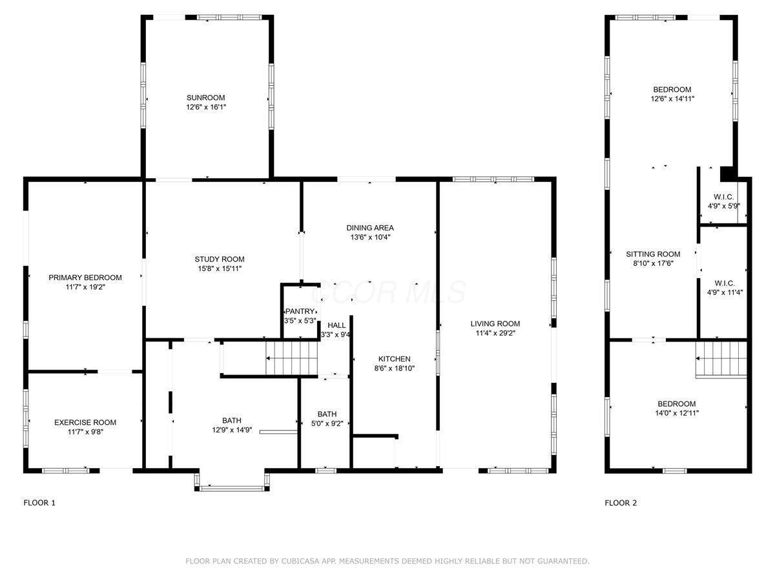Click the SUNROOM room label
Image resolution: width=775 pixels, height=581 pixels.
(205, 97)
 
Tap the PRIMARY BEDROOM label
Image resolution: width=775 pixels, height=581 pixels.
(85, 278)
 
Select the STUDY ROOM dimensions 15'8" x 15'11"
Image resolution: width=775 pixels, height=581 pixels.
(220, 269)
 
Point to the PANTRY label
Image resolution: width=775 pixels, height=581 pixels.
(300, 311)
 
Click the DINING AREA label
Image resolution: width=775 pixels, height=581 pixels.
(370, 228)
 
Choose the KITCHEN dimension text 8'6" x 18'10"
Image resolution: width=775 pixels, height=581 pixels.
(395, 368)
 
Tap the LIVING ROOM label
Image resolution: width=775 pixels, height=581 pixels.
(495, 323)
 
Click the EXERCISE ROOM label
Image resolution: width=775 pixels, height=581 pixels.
(85, 422)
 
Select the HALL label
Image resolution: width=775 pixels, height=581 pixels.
(336, 325)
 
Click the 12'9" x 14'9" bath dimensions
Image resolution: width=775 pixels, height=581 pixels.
(232, 430)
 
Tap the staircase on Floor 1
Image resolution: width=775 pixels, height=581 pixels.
(292, 358)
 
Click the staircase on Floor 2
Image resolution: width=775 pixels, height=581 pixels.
(721, 359)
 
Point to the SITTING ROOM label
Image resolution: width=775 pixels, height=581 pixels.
(653, 254)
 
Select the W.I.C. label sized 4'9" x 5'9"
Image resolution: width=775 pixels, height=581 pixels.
(724, 201)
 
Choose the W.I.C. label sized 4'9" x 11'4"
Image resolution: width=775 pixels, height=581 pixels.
(725, 288)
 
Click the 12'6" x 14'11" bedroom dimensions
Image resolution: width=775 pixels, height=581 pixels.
(672, 99)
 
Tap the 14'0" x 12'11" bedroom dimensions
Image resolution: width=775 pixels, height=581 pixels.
(677, 413)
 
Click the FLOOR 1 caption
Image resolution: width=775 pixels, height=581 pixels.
(39, 503)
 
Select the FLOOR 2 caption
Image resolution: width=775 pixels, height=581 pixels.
(621, 503)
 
